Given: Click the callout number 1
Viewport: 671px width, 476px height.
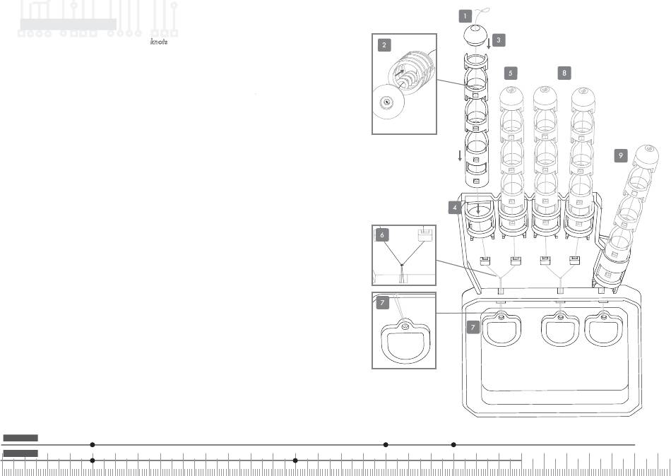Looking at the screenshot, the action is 465,15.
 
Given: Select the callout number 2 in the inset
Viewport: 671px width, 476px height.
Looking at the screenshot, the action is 384,45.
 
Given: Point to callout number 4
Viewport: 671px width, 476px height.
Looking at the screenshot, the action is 456,208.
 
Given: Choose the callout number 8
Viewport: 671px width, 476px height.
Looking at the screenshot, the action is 564,73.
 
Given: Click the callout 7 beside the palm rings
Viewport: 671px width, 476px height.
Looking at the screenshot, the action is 474,327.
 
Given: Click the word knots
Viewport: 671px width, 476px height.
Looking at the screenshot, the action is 159,42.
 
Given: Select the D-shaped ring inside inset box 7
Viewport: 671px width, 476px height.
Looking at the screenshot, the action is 405,342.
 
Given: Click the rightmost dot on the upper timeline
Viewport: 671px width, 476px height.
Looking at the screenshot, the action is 453,445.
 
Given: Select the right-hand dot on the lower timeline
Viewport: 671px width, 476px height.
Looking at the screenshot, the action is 295,460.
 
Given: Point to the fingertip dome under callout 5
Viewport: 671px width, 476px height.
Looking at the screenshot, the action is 513,97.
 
